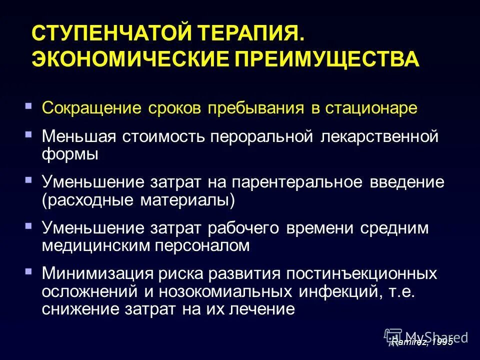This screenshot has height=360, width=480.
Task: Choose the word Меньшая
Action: click(x=79, y=136)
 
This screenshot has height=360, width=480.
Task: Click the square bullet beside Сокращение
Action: click(x=28, y=106)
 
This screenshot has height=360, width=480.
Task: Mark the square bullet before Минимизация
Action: click(x=28, y=271)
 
